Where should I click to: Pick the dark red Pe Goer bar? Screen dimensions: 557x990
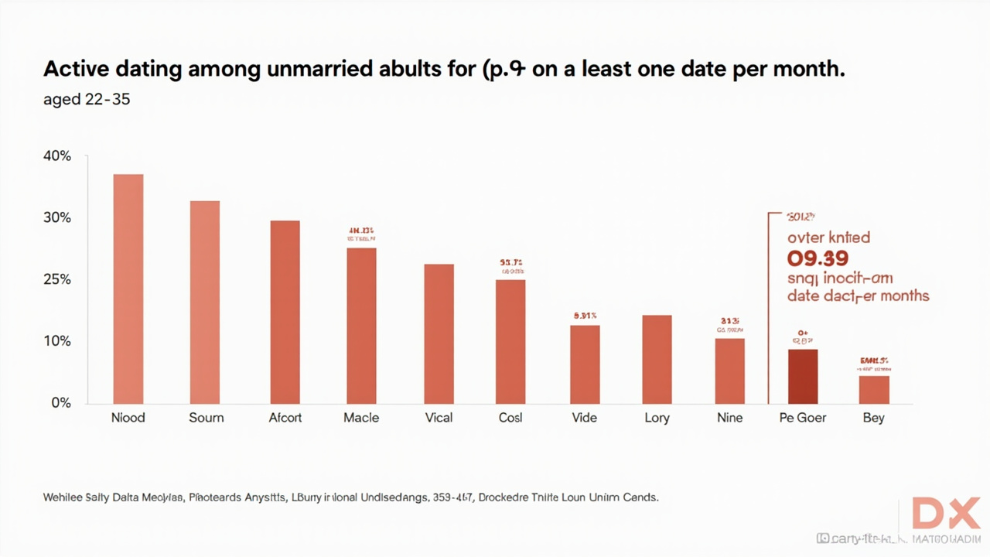[x=802, y=376]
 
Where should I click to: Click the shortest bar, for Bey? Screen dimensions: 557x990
[x=874, y=389]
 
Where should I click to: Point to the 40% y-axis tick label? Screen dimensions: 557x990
[x=56, y=156]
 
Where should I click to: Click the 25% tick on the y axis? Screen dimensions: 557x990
[x=56, y=279]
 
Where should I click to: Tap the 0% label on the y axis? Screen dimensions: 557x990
[x=60, y=403]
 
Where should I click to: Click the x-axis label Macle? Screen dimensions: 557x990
[x=361, y=418]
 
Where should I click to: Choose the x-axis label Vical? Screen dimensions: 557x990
[x=439, y=418]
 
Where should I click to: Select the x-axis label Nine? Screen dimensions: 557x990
[x=729, y=418]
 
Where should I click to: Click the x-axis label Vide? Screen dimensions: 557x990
[x=584, y=418]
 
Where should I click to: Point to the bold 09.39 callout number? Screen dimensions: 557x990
[x=818, y=258]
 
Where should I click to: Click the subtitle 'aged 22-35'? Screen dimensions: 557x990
[x=87, y=99]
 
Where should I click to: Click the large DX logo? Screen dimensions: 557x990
[x=945, y=513]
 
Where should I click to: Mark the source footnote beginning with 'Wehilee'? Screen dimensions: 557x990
[x=350, y=497]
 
